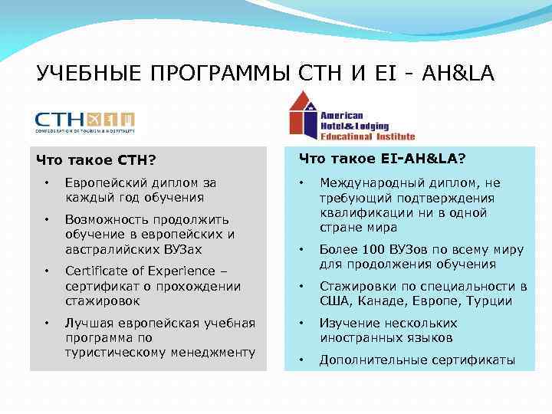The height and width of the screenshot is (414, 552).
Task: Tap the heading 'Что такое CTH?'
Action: (x=96, y=160)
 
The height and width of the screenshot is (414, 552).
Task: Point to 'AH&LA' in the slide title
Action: (x=458, y=74)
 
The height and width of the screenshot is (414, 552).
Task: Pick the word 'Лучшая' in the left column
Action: (x=87, y=323)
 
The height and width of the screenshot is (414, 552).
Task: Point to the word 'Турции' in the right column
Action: (x=488, y=301)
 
